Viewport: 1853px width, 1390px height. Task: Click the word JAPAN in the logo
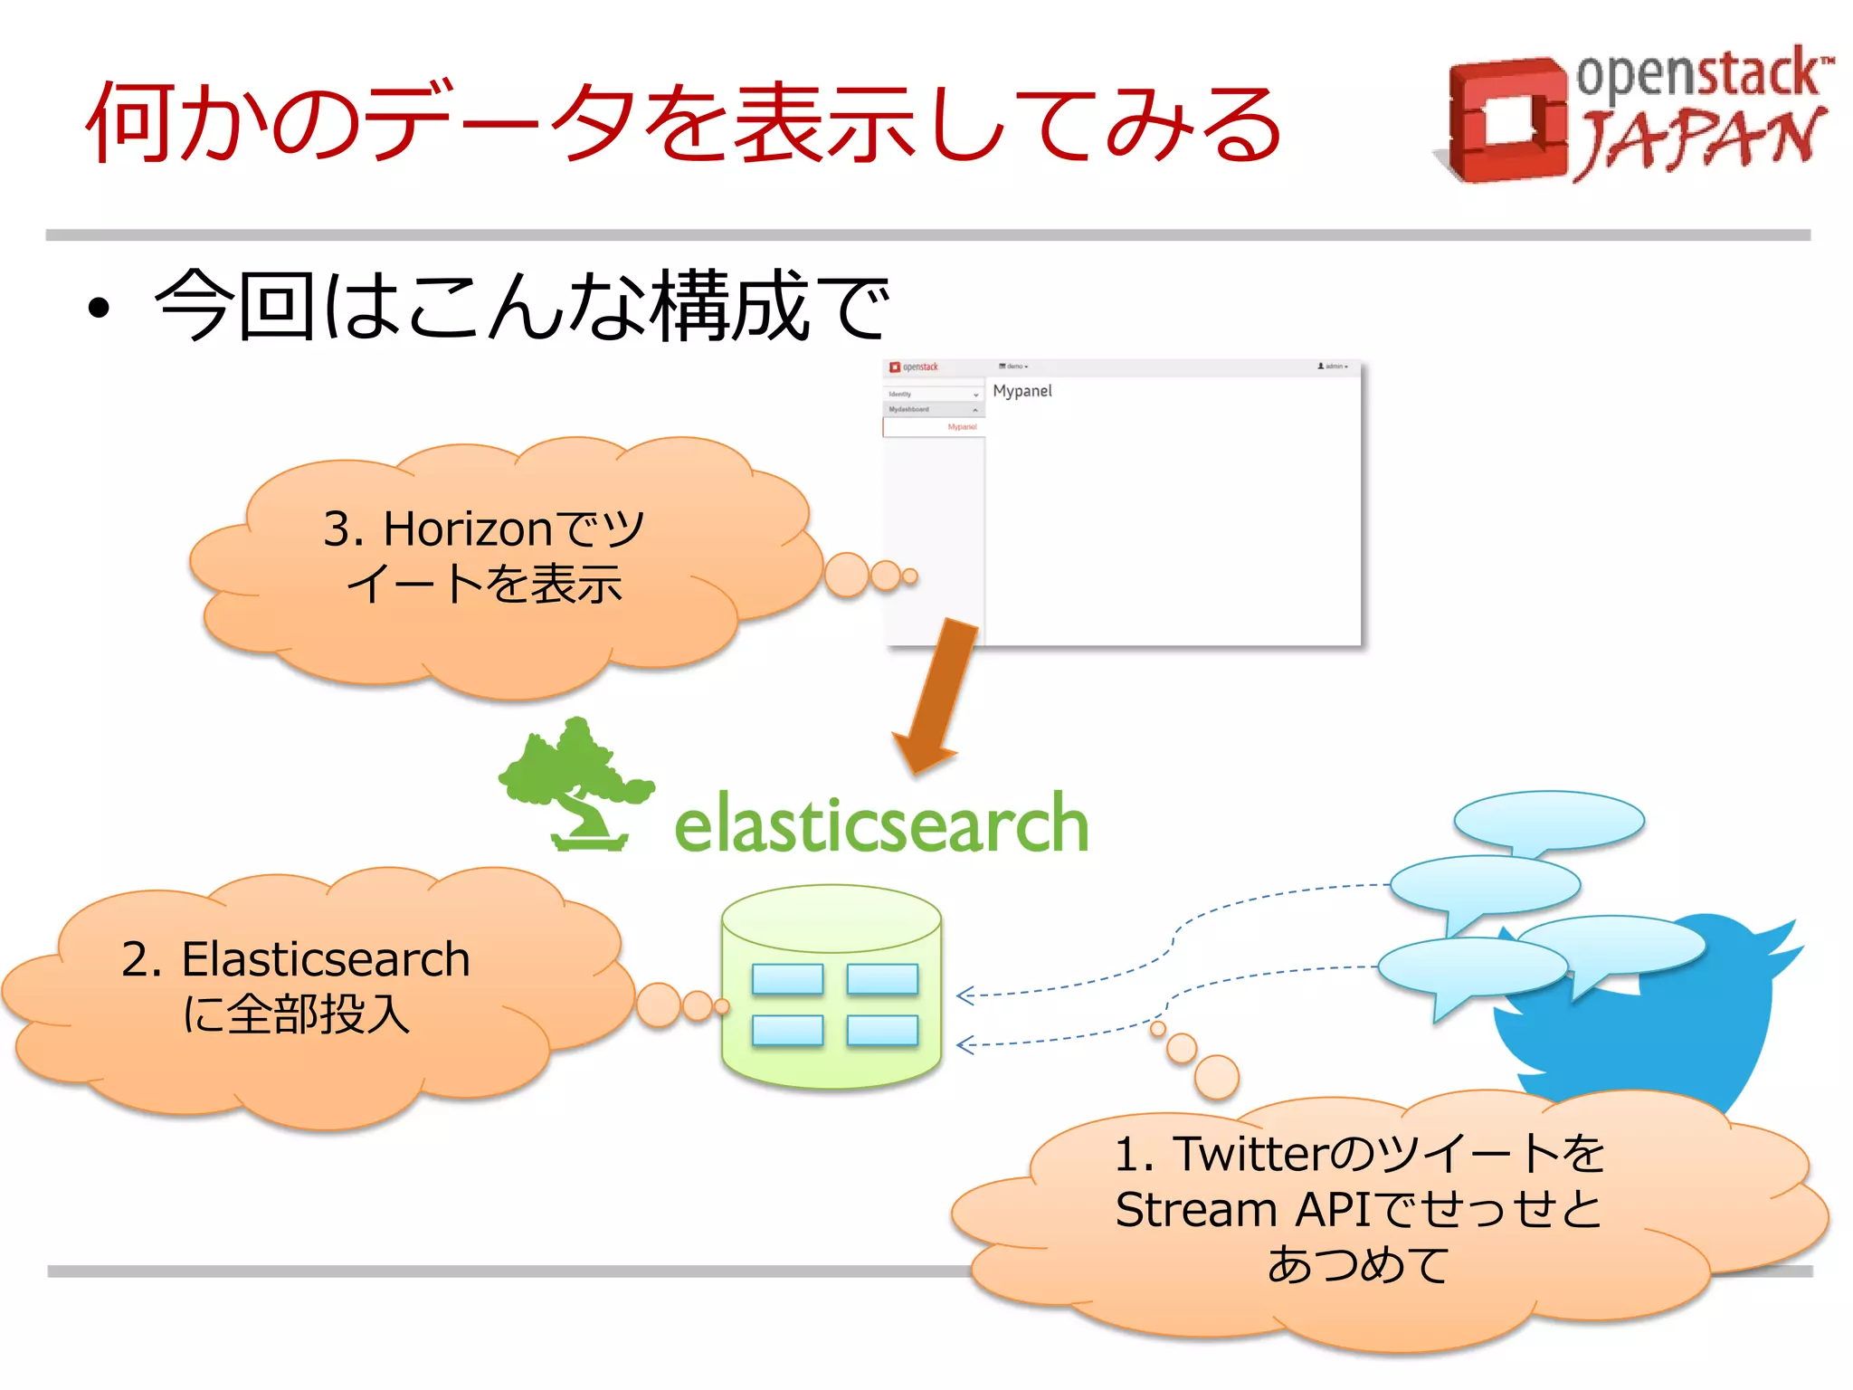pyautogui.click(x=1699, y=140)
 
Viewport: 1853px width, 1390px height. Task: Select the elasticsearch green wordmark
pyautogui.click(x=881, y=824)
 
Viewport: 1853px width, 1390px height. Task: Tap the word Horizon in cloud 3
pyautogui.click(x=467, y=528)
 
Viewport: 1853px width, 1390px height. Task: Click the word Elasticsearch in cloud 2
pyautogui.click(x=326, y=959)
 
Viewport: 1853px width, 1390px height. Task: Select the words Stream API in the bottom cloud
pyautogui.click(x=1244, y=1210)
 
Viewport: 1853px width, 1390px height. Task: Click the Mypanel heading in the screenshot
pyautogui.click(x=1022, y=391)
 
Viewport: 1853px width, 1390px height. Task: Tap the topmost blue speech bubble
pyautogui.click(x=1549, y=820)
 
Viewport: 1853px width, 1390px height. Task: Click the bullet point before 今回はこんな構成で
pyautogui.click(x=99, y=308)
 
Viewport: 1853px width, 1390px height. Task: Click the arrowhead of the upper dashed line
pyautogui.click(x=965, y=995)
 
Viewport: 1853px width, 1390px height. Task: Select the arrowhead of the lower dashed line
pyautogui.click(x=965, y=1045)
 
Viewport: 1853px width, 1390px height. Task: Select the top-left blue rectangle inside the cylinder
pyautogui.click(x=787, y=979)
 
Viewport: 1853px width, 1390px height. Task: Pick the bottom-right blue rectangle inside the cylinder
pyautogui.click(x=882, y=1030)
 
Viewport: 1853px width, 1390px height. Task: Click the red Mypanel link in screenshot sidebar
pyautogui.click(x=962, y=427)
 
